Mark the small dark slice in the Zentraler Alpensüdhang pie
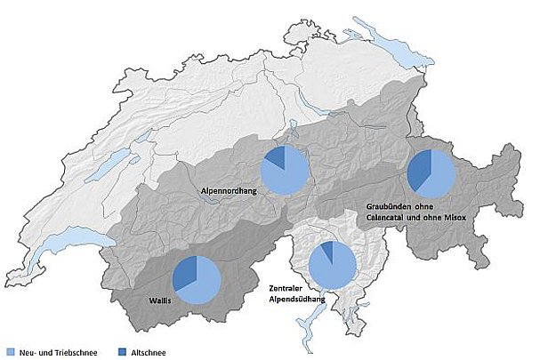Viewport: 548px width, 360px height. coord(327,250)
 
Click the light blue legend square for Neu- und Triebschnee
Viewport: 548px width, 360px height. coord(11,351)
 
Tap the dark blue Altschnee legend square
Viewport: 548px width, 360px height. coord(120,351)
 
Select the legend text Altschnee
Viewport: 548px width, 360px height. coord(147,351)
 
